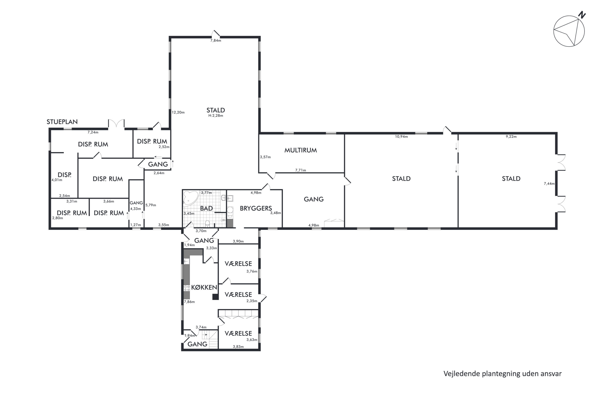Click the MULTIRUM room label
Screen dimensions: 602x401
coord(301,150)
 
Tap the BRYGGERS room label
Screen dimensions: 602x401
coord(256,208)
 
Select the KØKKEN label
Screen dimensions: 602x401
coord(204,287)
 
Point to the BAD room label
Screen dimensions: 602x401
coord(206,208)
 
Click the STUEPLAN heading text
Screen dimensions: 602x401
coord(62,122)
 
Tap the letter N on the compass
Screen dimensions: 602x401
coord(582,15)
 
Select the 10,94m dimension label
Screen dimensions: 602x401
coord(401,136)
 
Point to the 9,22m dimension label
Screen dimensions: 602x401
coord(511,136)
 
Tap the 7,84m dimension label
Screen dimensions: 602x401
coord(216,40)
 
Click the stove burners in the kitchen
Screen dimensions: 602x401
coord(186,288)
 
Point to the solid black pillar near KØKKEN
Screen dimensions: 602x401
coord(215,297)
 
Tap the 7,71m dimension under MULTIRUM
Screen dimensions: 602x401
coord(301,170)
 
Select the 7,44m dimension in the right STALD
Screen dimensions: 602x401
coord(549,184)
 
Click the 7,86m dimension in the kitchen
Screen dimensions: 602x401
coord(189,302)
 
